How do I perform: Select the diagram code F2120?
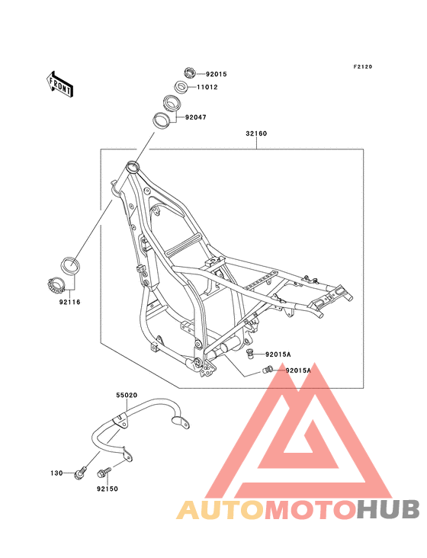[361, 67]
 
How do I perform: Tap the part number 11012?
[208, 88]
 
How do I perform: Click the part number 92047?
[195, 117]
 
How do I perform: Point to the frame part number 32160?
[255, 134]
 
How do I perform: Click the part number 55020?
[127, 396]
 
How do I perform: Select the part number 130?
[56, 473]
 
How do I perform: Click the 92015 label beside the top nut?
[217, 74]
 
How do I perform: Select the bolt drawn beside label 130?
[79, 473]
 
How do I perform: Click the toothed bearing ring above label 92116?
[56, 285]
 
